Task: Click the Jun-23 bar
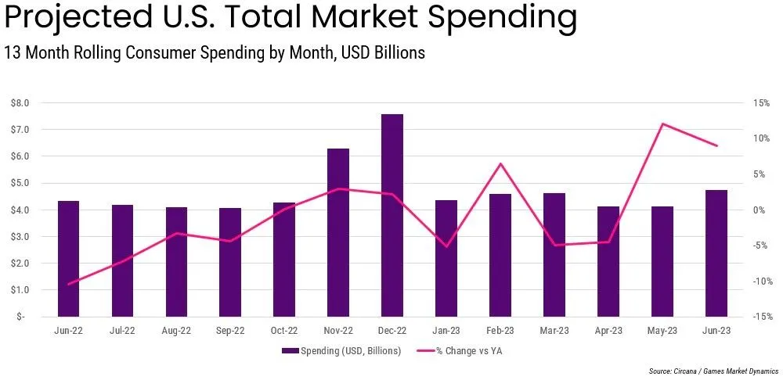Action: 716,253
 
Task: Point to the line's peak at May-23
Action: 662,124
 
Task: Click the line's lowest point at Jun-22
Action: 68,284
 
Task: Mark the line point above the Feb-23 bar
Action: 500,163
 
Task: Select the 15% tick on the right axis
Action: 761,102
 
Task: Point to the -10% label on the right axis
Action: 760,281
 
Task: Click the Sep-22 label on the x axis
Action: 230,331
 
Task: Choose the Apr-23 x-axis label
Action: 608,331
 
